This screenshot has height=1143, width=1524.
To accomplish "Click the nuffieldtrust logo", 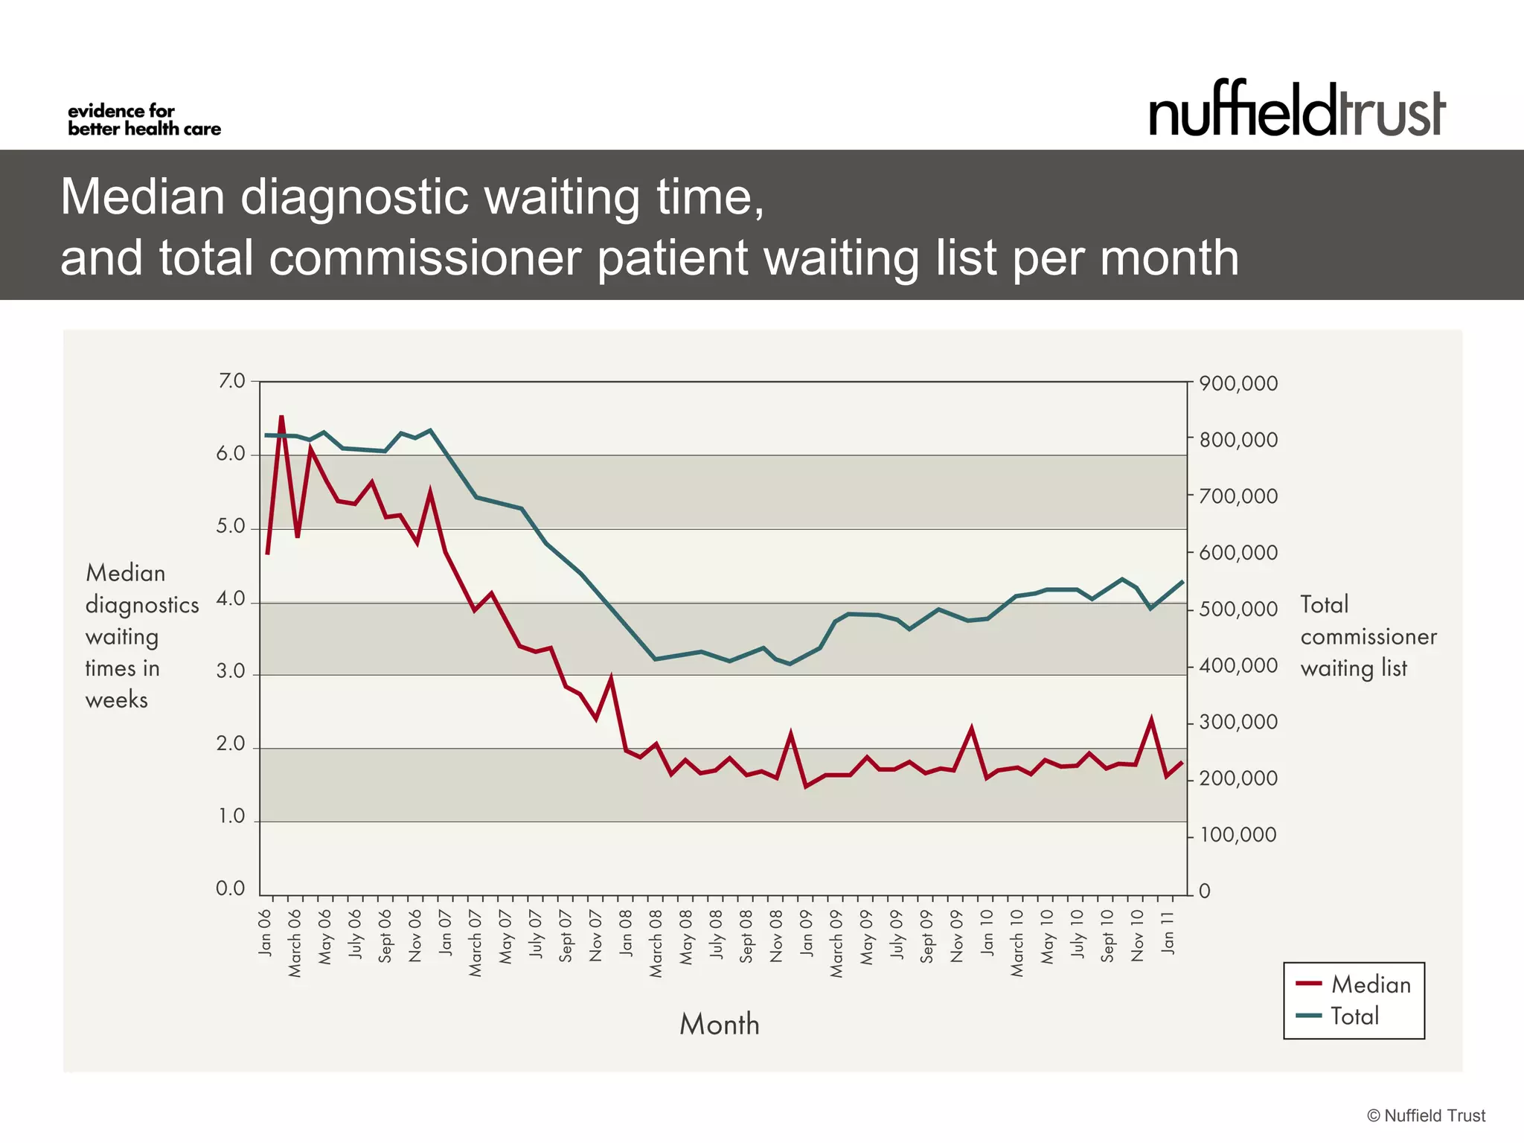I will coord(1296,110).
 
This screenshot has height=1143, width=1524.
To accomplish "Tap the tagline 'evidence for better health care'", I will coord(144,121).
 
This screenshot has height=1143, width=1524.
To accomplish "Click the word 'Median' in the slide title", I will coord(142,196).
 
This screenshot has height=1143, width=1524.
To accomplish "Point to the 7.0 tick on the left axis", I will coord(231,381).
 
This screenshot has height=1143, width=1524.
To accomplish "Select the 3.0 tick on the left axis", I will coord(231,672).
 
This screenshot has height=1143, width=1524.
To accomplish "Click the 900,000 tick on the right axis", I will coord(1238,384).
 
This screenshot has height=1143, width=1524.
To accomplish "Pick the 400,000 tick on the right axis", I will coord(1238,666).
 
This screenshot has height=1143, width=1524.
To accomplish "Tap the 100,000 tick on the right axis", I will coord(1238,835).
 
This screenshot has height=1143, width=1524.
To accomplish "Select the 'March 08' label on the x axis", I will coord(656,943).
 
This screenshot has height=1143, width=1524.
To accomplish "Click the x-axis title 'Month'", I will coord(720,1025).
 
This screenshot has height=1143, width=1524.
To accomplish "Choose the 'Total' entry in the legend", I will coord(1354,1016).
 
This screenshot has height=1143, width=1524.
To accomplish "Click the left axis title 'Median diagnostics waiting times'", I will coord(141,636).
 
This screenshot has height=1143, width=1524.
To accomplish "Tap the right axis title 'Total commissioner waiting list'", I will coord(1368,636).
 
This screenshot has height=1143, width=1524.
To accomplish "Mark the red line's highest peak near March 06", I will coord(281,417).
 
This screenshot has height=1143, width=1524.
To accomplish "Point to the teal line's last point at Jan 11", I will coord(1182,581).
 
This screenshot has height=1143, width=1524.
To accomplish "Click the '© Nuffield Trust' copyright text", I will coord(1426,1115).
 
